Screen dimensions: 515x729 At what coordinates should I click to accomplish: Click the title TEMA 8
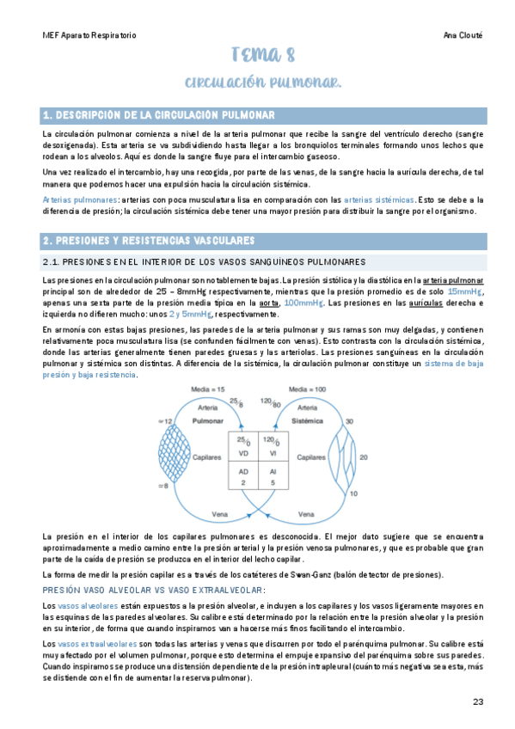262,58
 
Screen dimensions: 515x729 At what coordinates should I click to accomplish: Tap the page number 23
479,702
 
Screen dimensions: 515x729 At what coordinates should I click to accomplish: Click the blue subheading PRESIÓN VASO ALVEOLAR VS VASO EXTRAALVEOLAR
155,589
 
